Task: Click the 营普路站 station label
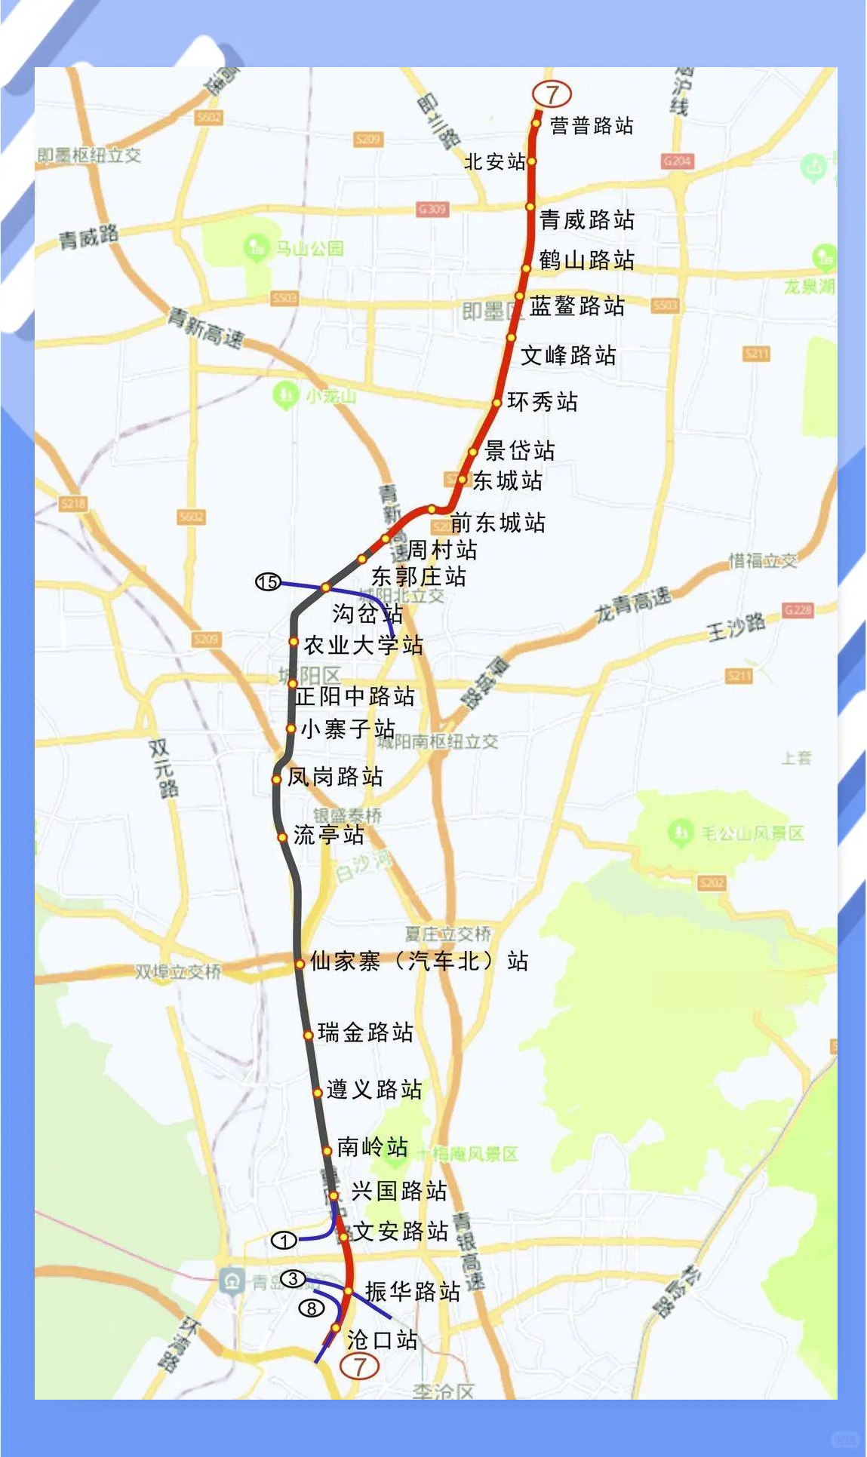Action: click(591, 125)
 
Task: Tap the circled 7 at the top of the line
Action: click(552, 94)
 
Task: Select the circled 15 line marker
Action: click(268, 581)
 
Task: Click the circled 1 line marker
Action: click(284, 1240)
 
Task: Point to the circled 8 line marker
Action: click(312, 1308)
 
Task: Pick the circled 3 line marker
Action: click(293, 1279)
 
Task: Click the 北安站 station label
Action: click(494, 161)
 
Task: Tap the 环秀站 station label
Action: click(542, 401)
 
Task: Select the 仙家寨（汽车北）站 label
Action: click(419, 961)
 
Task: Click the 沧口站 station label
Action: click(382, 1339)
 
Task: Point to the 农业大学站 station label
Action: click(363, 645)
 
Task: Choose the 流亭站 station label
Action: click(328, 835)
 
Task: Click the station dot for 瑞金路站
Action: click(308, 1035)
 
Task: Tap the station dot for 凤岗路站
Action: click(277, 779)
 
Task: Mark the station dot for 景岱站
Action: click(473, 452)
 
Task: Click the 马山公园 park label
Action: click(309, 248)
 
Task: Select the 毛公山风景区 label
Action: click(752, 833)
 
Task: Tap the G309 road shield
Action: click(432, 209)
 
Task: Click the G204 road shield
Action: click(677, 161)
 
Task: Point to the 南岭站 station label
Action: click(372, 1147)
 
